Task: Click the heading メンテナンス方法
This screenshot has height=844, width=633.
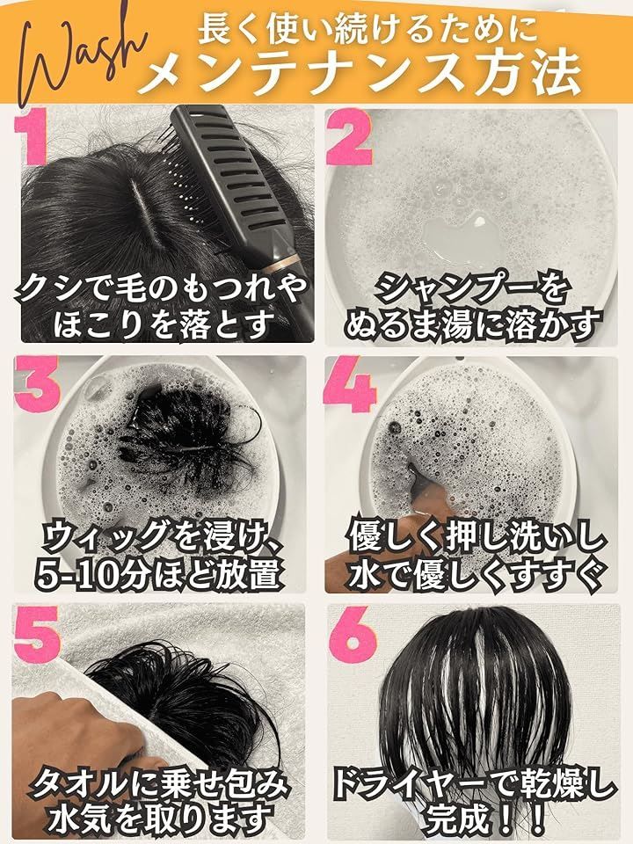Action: click(360, 74)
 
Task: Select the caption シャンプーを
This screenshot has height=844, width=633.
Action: click(471, 287)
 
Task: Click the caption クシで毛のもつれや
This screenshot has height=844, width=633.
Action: click(164, 287)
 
